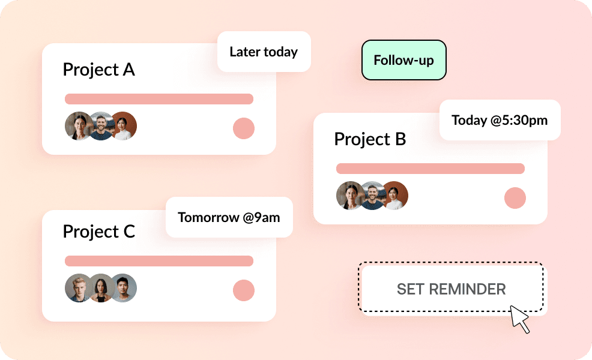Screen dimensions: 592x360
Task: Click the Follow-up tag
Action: tap(404, 60)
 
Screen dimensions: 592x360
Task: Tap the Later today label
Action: tap(264, 52)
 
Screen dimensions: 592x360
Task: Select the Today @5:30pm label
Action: tap(500, 120)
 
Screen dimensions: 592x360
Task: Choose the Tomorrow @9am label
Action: tap(229, 217)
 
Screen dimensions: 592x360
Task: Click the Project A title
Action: tap(99, 70)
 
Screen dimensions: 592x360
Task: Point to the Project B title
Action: tap(370, 139)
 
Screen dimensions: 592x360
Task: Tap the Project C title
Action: tap(99, 232)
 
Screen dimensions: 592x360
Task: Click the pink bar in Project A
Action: tap(159, 99)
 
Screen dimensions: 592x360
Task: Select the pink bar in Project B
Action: tap(430, 169)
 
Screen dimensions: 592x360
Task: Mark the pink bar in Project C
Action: tap(159, 261)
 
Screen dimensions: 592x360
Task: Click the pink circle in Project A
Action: tap(244, 128)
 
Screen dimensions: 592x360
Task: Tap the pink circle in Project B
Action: tap(515, 198)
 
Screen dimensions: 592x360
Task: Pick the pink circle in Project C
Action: tap(244, 290)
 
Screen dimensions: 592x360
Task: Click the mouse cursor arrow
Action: tap(519, 318)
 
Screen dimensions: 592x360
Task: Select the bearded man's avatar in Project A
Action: tap(101, 126)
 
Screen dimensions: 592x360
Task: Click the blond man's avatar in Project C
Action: tap(79, 288)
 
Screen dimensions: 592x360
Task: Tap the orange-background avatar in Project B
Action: tap(394, 196)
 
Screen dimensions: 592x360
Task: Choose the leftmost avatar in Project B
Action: tap(351, 196)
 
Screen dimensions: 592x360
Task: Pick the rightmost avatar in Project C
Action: tap(122, 288)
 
